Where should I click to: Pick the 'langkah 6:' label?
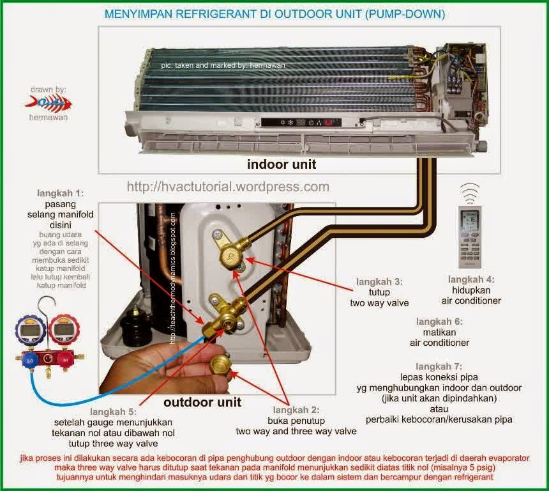click(440, 321)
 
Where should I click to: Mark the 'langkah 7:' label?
click(439, 366)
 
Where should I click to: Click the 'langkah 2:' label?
click(297, 410)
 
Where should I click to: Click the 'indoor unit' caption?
click(282, 164)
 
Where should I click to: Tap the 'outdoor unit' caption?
click(202, 402)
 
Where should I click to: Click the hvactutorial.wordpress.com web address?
click(228, 187)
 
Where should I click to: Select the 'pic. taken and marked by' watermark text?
click(223, 65)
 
